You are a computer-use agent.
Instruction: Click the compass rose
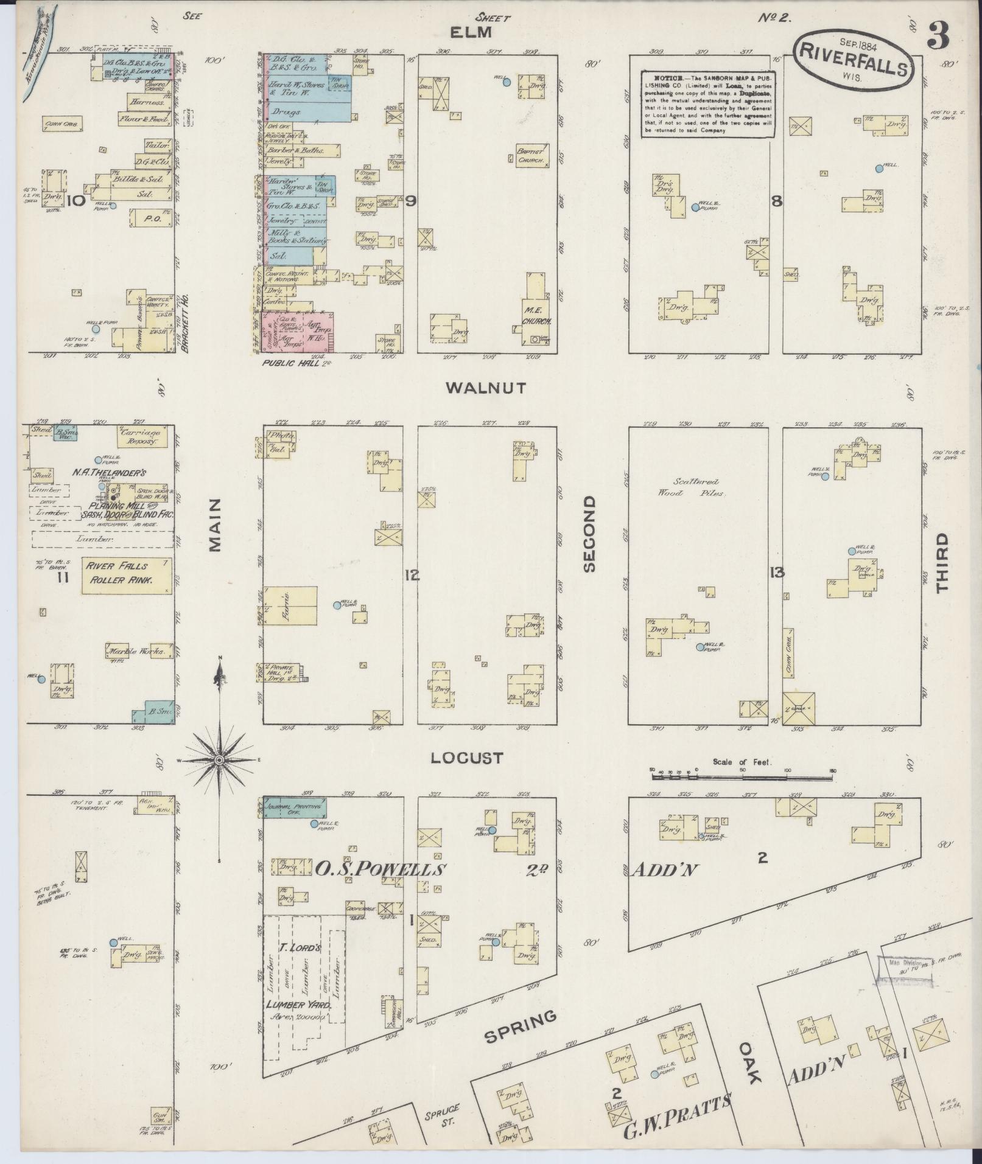[x=219, y=760]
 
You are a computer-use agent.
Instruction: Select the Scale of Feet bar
[x=741, y=775]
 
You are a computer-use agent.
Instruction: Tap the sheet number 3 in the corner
[x=938, y=38]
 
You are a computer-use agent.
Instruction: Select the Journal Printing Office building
[x=295, y=808]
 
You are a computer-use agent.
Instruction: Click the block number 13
[x=776, y=572]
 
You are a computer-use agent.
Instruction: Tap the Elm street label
[x=476, y=33]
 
